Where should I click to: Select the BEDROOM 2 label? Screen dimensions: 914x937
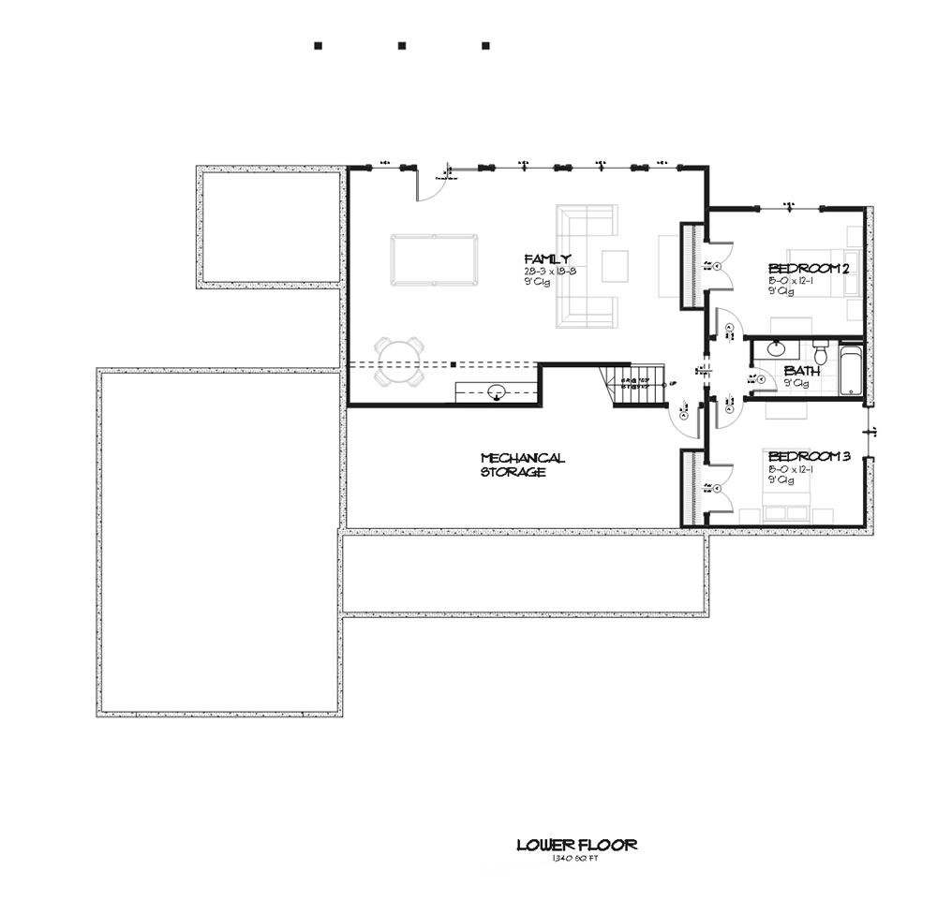click(x=808, y=269)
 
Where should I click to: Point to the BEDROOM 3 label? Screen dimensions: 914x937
click(x=808, y=457)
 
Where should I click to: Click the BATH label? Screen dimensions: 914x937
click(x=801, y=371)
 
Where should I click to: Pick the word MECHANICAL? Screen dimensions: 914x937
click(x=522, y=458)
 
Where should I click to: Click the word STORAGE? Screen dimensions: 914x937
click(x=513, y=473)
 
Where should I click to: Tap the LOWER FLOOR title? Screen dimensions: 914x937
click(x=576, y=845)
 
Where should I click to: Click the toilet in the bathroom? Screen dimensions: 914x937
click(x=821, y=355)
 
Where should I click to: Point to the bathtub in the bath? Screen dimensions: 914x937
click(x=851, y=371)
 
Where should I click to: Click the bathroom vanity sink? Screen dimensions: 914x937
click(x=776, y=349)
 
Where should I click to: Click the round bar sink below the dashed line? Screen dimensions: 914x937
click(x=497, y=391)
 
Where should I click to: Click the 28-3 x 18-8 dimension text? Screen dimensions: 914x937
click(x=550, y=272)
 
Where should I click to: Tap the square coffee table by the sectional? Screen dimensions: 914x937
click(x=615, y=266)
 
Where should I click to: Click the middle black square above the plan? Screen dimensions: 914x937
click(x=401, y=45)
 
